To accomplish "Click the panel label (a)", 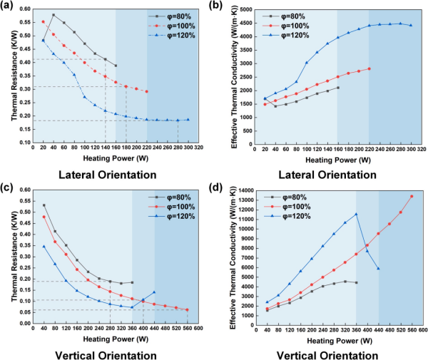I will pos(9,6).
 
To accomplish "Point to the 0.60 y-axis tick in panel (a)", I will pos(26,10).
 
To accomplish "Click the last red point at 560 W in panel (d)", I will pos(412,196).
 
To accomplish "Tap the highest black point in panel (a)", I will pos(53,15).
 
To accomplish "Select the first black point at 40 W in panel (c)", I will pos(44,205).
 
